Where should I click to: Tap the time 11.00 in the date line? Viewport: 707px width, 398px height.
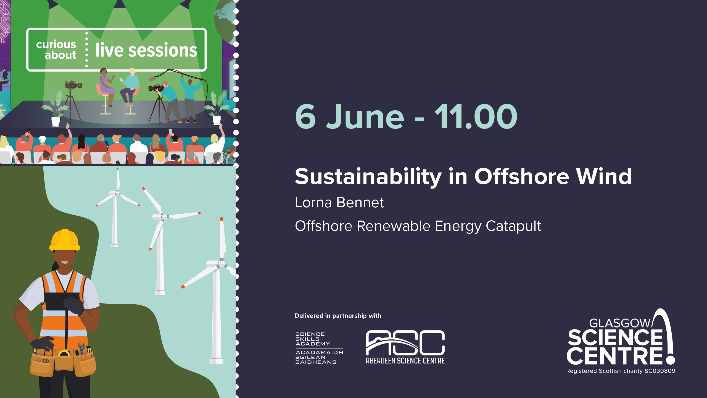[476, 117]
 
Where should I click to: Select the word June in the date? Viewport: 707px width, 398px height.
[365, 117]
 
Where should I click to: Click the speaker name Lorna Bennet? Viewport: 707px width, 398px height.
[339, 202]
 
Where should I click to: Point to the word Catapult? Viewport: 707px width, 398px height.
[513, 226]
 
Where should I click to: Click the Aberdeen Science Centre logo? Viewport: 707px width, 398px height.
[405, 347]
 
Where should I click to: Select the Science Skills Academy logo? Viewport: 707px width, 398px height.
[319, 348]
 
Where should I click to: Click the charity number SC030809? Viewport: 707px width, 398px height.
[660, 371]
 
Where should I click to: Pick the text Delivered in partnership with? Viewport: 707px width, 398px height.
[338, 316]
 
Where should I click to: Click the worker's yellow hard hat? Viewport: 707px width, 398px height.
[65, 240]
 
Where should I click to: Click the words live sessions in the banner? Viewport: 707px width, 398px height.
[146, 50]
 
